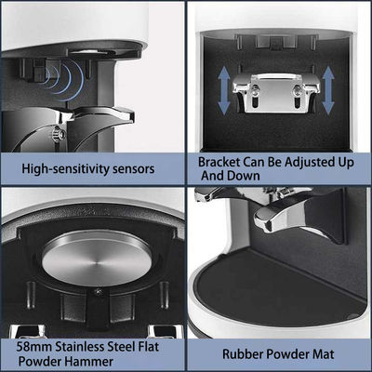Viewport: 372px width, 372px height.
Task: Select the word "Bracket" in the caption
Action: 219,162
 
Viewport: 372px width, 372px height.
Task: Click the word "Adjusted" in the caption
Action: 310,163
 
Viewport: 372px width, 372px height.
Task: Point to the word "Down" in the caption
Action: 244,176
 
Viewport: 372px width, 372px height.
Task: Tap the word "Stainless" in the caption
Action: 80,346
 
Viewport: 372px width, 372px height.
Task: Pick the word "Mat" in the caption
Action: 324,354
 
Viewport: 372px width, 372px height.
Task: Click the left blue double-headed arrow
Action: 224,90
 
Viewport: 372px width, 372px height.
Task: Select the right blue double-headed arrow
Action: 328,90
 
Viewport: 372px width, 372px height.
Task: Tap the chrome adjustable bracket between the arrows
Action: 276,92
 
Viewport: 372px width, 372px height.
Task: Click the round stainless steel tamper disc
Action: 97,259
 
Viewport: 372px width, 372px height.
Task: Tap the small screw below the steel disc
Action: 99,292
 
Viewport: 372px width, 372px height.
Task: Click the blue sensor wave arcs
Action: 63,80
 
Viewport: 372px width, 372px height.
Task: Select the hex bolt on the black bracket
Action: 59,134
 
